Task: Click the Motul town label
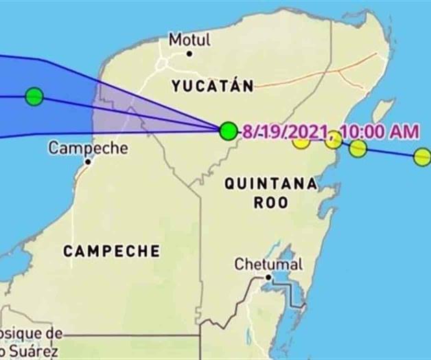tap(190, 40)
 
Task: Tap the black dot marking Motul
tap(189, 54)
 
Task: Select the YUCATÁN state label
tap(212, 86)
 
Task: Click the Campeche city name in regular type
tap(79, 148)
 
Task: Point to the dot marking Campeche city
tap(88, 163)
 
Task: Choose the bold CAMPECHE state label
tap(111, 251)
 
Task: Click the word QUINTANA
tap(271, 184)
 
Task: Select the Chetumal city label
tap(268, 264)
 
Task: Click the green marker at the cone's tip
tap(229, 131)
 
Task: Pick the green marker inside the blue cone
tap(34, 97)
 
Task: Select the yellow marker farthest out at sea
tap(422, 157)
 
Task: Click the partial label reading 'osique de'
tap(31, 333)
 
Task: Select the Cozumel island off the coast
tap(382, 113)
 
